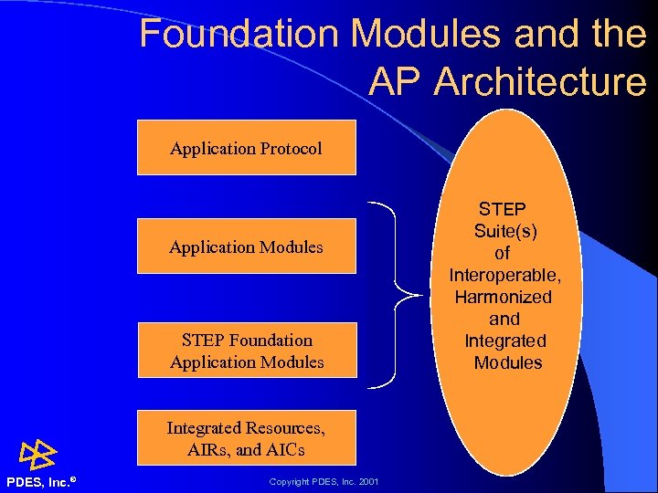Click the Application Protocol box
[x=246, y=147]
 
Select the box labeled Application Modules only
[x=246, y=246]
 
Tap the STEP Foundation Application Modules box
[x=246, y=351]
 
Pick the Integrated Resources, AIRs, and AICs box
[x=246, y=438]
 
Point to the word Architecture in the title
[x=540, y=82]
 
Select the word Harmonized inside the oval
[x=504, y=297]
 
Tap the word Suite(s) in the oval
[x=505, y=231]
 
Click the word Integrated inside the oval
[x=504, y=341]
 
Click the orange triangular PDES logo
[x=38, y=454]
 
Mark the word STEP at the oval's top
[x=504, y=209]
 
